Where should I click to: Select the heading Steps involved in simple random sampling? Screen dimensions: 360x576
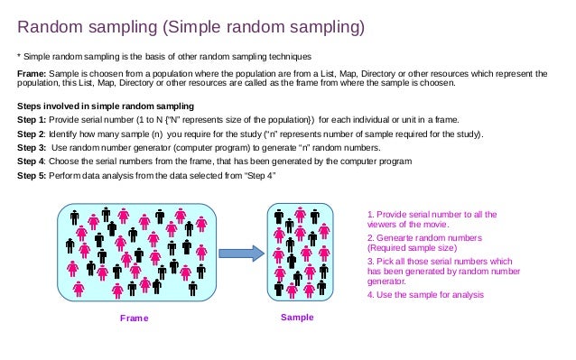pyautogui.click(x=106, y=106)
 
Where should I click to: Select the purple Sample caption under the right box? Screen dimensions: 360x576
pyautogui.click(x=297, y=317)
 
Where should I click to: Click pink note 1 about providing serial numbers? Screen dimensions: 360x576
pyautogui.click(x=432, y=219)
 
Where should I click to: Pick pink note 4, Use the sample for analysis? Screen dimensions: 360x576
pyautogui.click(x=425, y=295)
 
